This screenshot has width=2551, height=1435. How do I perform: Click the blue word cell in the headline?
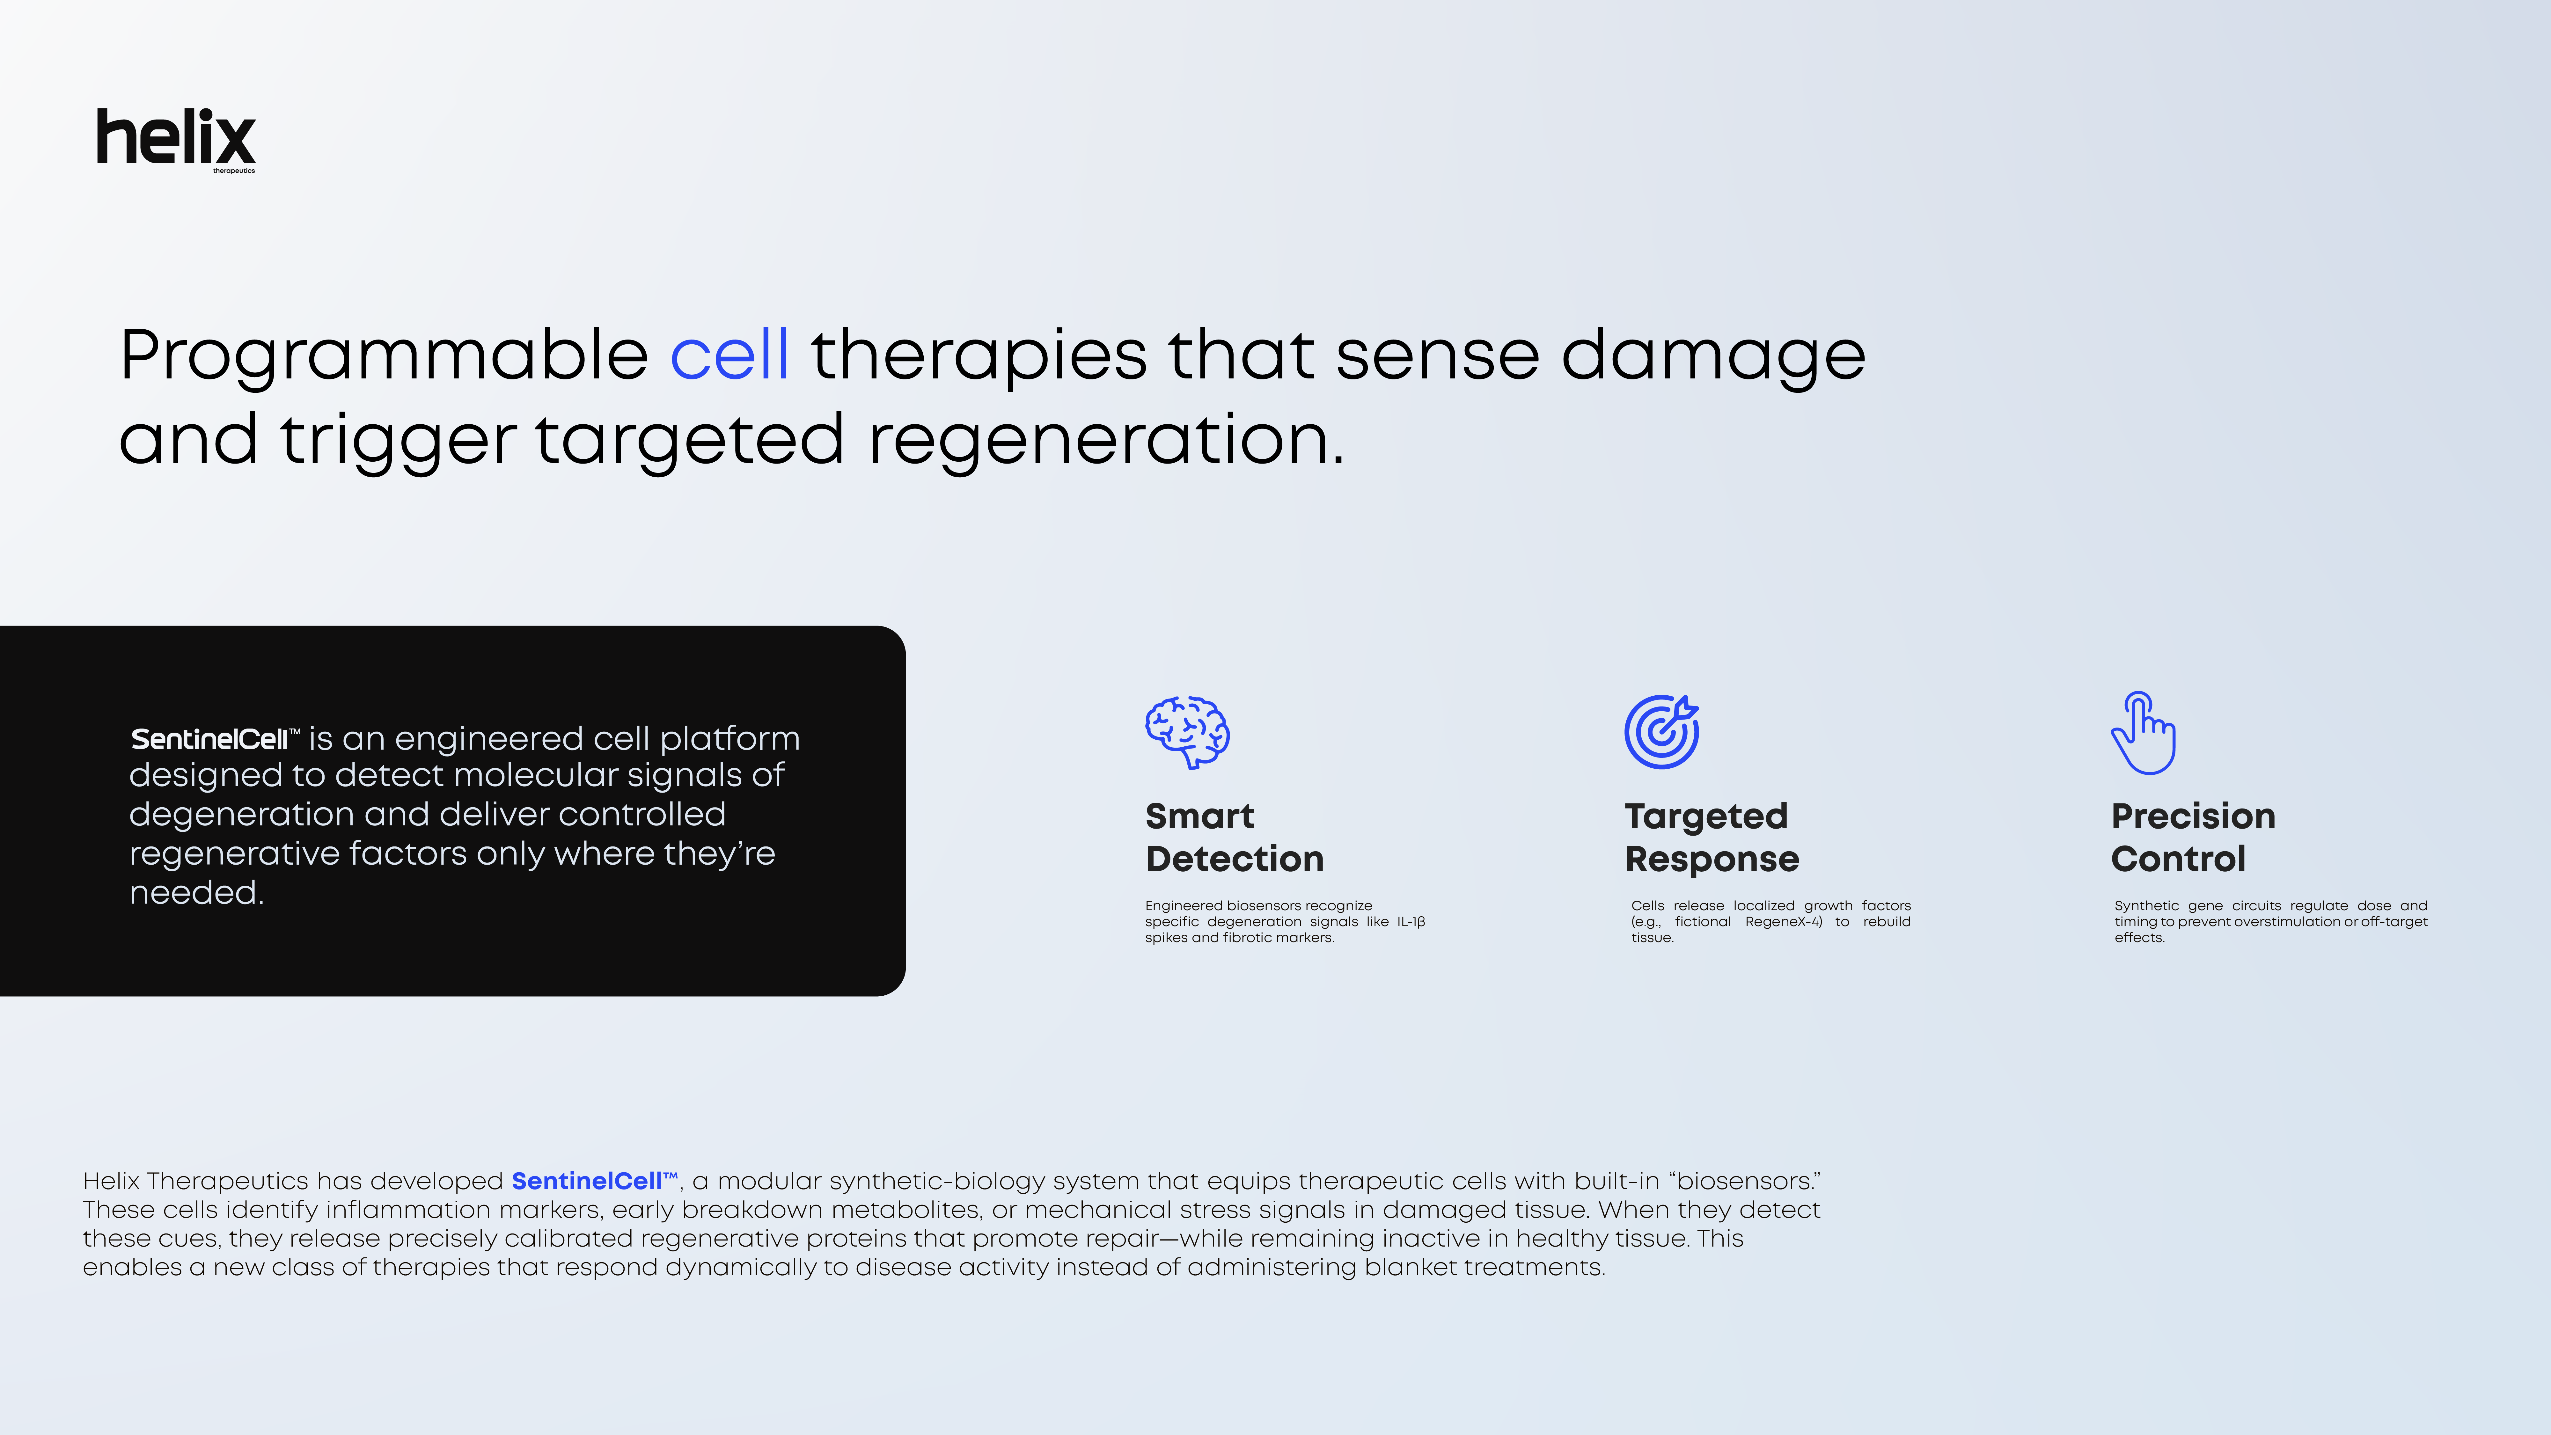pos(730,355)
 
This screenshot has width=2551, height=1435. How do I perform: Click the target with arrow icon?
pos(1662,731)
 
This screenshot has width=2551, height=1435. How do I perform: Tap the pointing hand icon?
pos(2143,733)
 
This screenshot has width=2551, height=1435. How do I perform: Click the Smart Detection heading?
pos(1234,837)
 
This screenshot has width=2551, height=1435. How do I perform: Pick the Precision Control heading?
pos(2193,837)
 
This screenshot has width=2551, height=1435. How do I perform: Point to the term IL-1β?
pos(1411,922)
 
